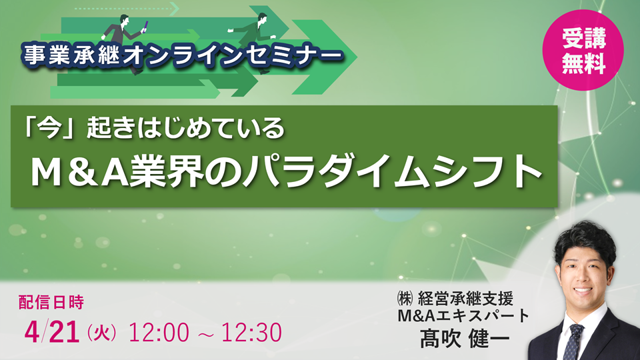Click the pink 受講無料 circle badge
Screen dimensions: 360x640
(x=583, y=51)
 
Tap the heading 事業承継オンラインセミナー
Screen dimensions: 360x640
(x=179, y=53)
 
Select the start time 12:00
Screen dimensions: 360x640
(x=159, y=331)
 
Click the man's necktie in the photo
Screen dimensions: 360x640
(x=573, y=340)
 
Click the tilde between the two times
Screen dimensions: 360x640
(x=204, y=332)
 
